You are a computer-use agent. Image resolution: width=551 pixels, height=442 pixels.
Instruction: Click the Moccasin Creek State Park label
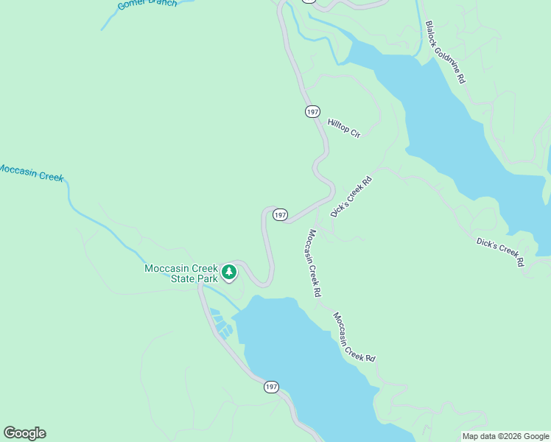coord(181,273)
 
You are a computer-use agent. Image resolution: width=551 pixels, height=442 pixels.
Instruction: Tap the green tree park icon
coord(229,273)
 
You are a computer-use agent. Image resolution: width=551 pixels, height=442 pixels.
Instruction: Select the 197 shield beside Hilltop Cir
coord(312,111)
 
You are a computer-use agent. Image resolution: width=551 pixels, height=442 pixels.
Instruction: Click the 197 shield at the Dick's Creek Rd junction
coord(280,214)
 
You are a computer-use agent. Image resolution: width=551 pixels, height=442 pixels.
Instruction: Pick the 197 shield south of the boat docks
coord(272,387)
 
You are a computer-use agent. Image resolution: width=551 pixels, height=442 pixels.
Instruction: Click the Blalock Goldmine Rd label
coord(445,51)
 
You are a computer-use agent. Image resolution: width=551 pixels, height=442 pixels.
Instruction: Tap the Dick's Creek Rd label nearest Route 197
coord(352,197)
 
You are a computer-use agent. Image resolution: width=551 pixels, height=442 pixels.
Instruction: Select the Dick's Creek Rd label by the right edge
coord(500,251)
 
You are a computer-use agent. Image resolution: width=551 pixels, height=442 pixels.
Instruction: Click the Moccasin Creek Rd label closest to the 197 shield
coord(314,263)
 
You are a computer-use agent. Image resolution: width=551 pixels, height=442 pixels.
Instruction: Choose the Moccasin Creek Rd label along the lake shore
coord(354,337)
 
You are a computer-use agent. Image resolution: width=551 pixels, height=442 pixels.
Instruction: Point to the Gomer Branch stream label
coord(147,4)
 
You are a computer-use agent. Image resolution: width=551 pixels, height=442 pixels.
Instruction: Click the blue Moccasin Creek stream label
coord(31,173)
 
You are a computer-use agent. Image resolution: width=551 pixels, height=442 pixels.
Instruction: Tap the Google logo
coord(24,433)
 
